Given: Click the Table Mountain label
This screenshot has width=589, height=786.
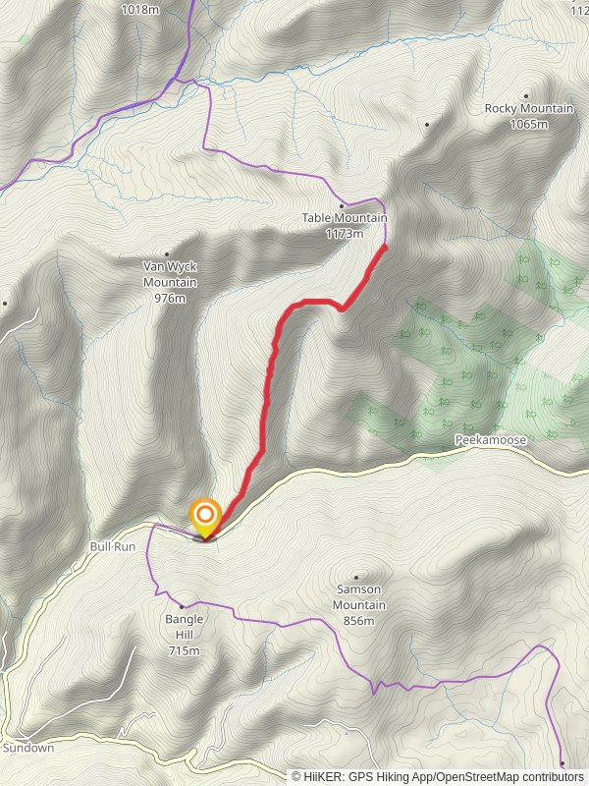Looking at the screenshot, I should tap(344, 218).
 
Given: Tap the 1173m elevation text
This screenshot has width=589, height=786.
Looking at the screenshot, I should tap(344, 234).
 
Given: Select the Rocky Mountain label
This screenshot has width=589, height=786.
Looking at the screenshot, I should tap(528, 108).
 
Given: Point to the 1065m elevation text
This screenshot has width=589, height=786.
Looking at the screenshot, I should tap(528, 124).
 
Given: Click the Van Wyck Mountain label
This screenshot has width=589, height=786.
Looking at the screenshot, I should tap(171, 274).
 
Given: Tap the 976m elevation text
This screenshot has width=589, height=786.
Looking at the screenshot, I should tap(171, 298).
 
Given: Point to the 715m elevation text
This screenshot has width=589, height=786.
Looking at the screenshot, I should tap(185, 650).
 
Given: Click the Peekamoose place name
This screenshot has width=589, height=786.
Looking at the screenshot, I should tap(491, 441).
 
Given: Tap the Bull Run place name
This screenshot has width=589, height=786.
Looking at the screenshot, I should tap(112, 545).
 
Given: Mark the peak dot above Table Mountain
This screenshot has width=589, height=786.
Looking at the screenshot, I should tap(342, 203).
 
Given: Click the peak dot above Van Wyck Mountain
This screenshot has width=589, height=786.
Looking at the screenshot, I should tap(167, 253).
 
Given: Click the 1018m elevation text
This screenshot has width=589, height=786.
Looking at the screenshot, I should tap(141, 10).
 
